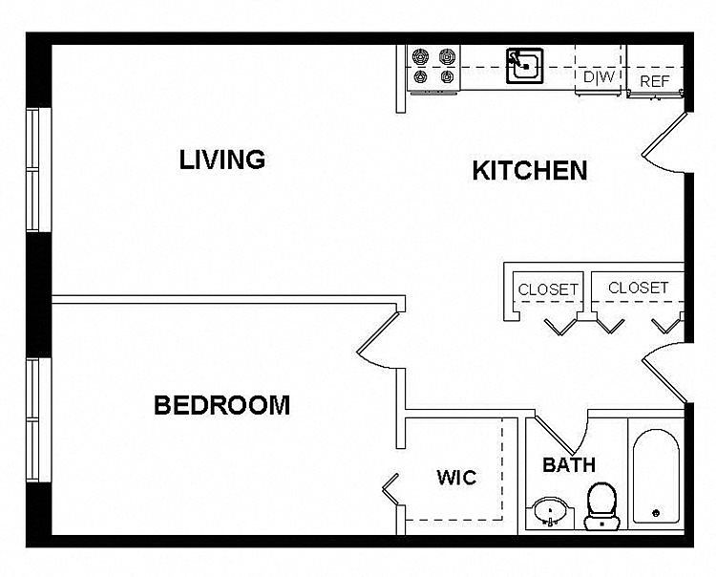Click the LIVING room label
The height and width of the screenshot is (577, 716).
point(221,160)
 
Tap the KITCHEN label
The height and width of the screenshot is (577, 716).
point(529,170)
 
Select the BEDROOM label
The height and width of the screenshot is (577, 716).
point(221,405)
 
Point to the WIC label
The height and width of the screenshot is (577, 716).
point(456,478)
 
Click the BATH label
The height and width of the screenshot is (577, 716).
point(569,465)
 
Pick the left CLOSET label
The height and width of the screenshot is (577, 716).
point(548,289)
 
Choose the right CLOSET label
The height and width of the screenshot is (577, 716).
point(638,288)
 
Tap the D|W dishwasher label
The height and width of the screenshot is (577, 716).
point(600,76)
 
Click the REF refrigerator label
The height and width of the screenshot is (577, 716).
point(654,81)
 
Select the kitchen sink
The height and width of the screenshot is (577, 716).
point(525,66)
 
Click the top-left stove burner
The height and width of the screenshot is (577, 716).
point(420,56)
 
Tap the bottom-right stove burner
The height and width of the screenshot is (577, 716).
point(447,76)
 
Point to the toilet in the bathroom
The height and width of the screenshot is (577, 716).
point(601,506)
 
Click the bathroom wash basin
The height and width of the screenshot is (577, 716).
point(551,511)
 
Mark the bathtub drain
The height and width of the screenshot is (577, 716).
point(656,513)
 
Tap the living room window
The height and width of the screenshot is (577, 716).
point(39,169)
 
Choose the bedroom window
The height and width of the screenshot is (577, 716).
point(39,419)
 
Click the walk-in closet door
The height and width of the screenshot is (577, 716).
point(390,490)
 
